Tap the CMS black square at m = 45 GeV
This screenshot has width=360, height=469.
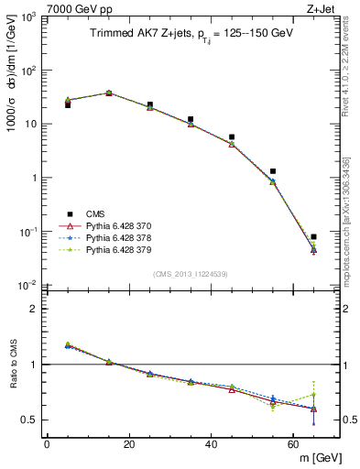click(232, 137)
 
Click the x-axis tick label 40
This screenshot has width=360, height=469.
click(212, 444)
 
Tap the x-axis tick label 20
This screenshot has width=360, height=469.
click(129, 444)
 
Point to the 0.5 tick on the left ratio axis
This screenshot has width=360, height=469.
click(29, 420)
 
